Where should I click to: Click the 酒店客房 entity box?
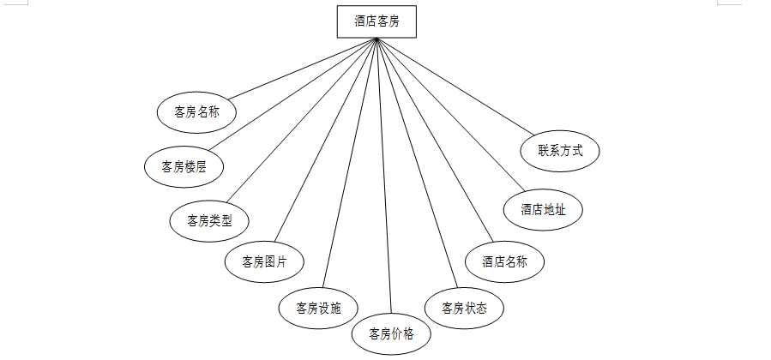coord(376,21)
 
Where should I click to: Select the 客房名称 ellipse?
coord(196,111)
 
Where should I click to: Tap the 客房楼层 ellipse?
coord(184,167)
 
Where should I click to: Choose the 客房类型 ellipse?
coord(209,220)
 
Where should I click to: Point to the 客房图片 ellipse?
coord(264,261)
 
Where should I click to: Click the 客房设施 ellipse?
coord(318,307)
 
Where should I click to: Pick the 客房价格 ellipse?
coord(391,333)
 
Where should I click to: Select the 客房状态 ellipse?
coord(464,308)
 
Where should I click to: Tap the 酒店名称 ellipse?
coord(504,261)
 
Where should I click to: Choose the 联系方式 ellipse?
coord(560,150)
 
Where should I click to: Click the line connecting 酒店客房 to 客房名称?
coord(300,69)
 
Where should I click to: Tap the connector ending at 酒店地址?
coord(446,111)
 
